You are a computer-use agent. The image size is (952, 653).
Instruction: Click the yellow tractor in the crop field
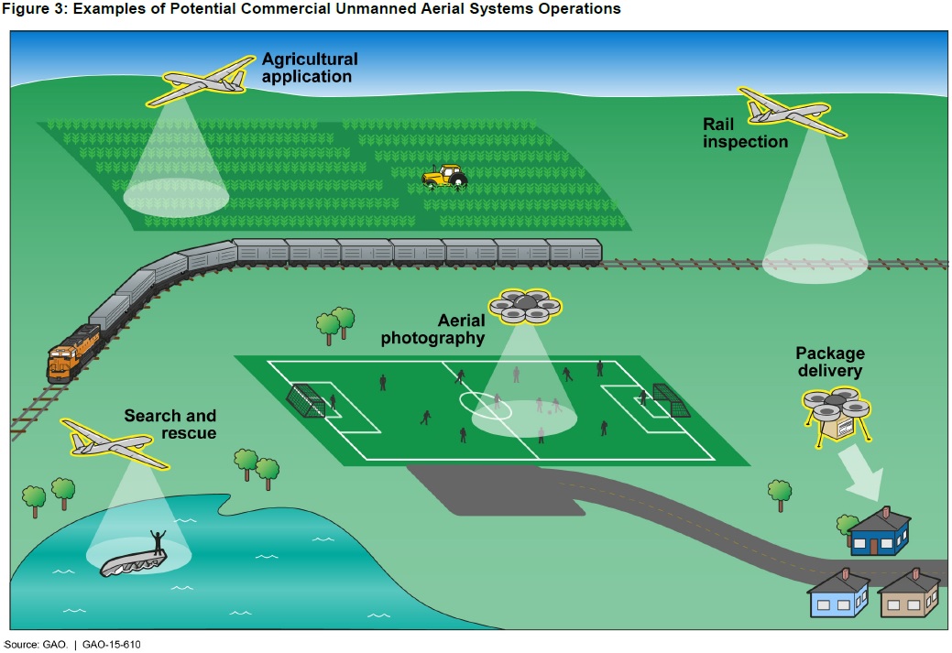(443, 176)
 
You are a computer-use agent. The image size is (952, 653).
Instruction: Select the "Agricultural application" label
(309, 68)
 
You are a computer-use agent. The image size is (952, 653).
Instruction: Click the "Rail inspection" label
(745, 133)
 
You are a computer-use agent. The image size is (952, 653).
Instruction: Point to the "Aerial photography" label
(433, 329)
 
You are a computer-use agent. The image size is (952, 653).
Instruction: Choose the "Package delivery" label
(829, 362)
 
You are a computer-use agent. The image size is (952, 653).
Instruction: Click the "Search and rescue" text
(170, 424)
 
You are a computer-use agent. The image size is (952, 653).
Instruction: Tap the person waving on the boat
(159, 541)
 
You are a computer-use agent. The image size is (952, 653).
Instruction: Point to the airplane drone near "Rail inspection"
(792, 112)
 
